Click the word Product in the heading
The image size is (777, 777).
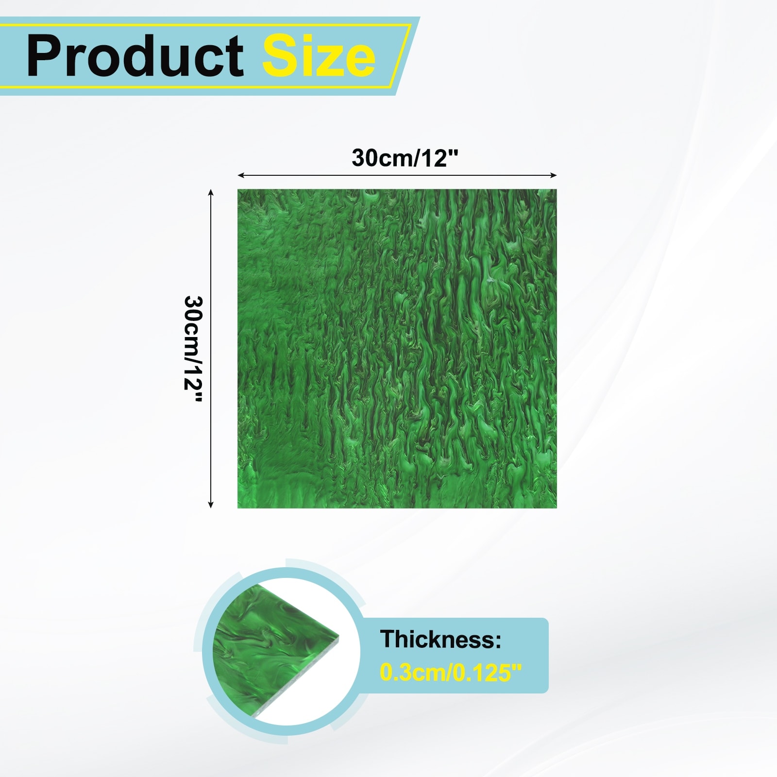(135, 56)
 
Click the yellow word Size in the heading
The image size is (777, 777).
(319, 56)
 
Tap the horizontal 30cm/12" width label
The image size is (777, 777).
(405, 158)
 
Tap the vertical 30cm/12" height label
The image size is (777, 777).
(193, 350)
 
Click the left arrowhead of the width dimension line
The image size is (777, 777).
(240, 175)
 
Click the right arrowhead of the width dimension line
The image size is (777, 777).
(554, 175)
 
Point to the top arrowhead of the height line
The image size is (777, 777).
(211, 192)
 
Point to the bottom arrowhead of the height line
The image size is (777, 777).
(211, 505)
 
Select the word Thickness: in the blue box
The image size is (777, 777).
(440, 639)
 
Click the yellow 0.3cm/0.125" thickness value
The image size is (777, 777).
(450, 673)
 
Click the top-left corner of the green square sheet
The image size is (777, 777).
(237, 189)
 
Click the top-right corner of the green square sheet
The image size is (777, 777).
(557, 189)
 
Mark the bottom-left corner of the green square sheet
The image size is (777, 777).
(237, 508)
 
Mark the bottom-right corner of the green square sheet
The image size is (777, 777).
(557, 508)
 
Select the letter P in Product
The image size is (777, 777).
(42, 56)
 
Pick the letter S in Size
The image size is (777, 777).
(280, 56)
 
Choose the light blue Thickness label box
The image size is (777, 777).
(454, 655)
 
